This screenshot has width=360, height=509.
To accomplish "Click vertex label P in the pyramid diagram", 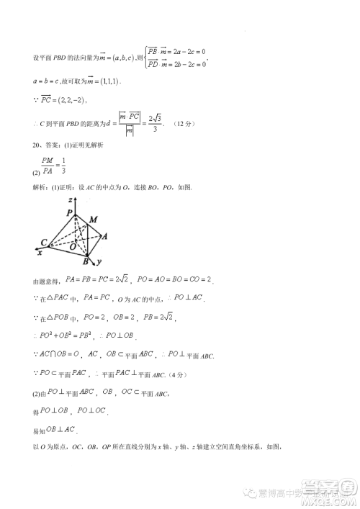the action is (x=70, y=213).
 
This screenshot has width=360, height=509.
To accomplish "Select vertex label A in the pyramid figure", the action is (x=106, y=236).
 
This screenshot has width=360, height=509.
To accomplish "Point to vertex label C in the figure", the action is (x=44, y=241).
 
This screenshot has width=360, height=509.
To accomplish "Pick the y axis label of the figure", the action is (x=98, y=260).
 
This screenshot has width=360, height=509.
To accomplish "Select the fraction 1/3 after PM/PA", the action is (x=63, y=165).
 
